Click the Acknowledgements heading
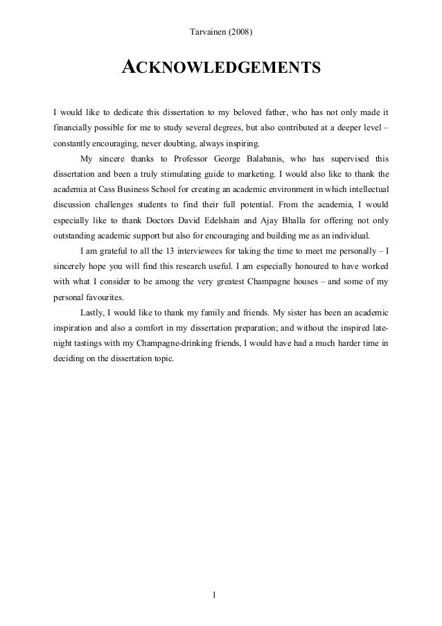click(x=221, y=67)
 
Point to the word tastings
click(x=98, y=343)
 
